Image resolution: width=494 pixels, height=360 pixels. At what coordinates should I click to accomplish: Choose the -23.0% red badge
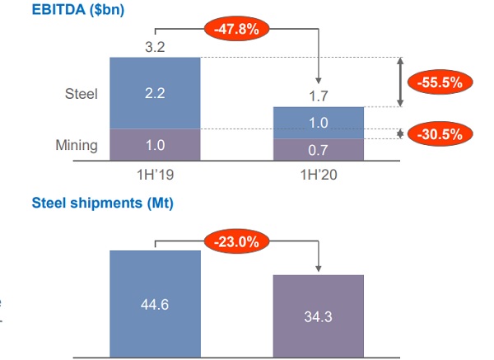tap(237, 242)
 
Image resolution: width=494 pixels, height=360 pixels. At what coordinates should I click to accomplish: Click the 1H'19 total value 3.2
tap(155, 47)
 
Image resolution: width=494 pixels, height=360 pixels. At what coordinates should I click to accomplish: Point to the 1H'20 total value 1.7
tap(319, 96)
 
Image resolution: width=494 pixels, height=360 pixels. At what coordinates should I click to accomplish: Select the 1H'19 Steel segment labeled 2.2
tap(155, 93)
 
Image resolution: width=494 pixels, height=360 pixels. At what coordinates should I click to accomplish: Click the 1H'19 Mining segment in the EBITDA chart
tap(155, 146)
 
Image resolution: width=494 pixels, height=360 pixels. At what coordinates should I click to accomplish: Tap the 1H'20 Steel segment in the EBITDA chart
tap(319, 123)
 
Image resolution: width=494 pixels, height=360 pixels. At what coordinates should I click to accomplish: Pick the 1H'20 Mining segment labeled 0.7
tap(319, 150)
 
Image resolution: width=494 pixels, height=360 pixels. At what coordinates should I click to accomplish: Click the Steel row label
tap(81, 93)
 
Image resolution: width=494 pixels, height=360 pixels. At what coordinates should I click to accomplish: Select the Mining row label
tap(77, 146)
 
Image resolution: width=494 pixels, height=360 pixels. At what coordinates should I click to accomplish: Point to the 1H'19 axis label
tap(155, 175)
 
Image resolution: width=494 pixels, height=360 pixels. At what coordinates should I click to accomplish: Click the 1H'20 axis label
tap(319, 175)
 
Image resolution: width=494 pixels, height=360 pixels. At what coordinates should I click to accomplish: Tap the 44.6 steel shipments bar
tap(155, 303)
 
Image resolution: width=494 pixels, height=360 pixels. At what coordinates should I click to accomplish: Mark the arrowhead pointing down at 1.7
tap(319, 79)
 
